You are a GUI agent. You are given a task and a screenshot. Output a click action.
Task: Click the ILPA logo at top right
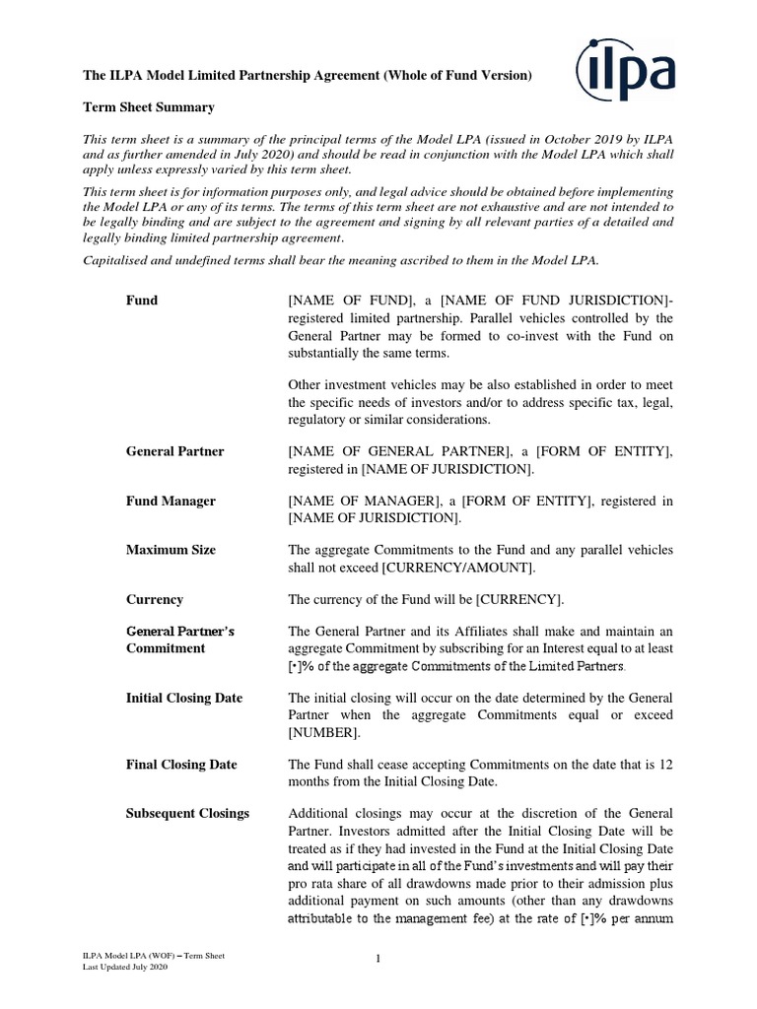point(626,68)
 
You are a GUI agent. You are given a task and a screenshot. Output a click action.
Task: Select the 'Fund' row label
point(142,300)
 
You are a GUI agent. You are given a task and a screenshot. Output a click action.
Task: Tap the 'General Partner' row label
point(174,451)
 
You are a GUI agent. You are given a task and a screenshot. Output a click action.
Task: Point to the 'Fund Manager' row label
point(171,502)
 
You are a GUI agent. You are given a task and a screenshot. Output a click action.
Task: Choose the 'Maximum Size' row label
point(171,550)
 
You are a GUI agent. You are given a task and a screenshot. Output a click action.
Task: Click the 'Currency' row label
point(155,599)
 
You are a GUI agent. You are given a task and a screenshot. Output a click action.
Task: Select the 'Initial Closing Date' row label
point(183,698)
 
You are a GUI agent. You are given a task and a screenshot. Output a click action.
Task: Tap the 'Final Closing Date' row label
point(181,764)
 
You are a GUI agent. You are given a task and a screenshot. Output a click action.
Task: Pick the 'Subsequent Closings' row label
point(187,813)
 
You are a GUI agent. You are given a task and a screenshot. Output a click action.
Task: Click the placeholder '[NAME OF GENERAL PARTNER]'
point(399,451)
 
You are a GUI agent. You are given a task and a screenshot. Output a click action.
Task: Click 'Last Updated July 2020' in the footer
point(125,969)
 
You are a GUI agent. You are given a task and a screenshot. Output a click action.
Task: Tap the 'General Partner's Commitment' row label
point(180,639)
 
